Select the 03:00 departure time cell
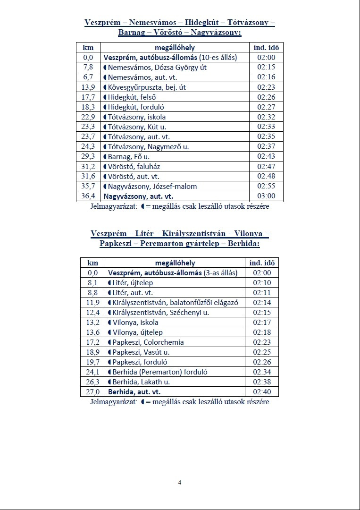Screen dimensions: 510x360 click(266, 196)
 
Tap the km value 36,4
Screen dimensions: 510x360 click(88, 196)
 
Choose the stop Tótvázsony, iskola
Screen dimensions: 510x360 click(137, 117)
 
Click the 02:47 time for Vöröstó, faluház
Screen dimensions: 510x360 click(266, 166)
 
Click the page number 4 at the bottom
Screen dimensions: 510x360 click(180, 482)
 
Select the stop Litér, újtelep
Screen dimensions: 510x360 click(133, 282)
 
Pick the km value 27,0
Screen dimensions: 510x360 click(92, 392)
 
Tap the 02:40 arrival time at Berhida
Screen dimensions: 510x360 click(261, 392)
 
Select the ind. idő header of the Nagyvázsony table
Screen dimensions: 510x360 click(266, 47)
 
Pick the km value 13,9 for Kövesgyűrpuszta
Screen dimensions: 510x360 click(88, 87)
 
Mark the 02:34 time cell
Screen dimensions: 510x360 click(261, 372)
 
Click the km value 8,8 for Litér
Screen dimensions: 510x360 click(92, 293)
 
